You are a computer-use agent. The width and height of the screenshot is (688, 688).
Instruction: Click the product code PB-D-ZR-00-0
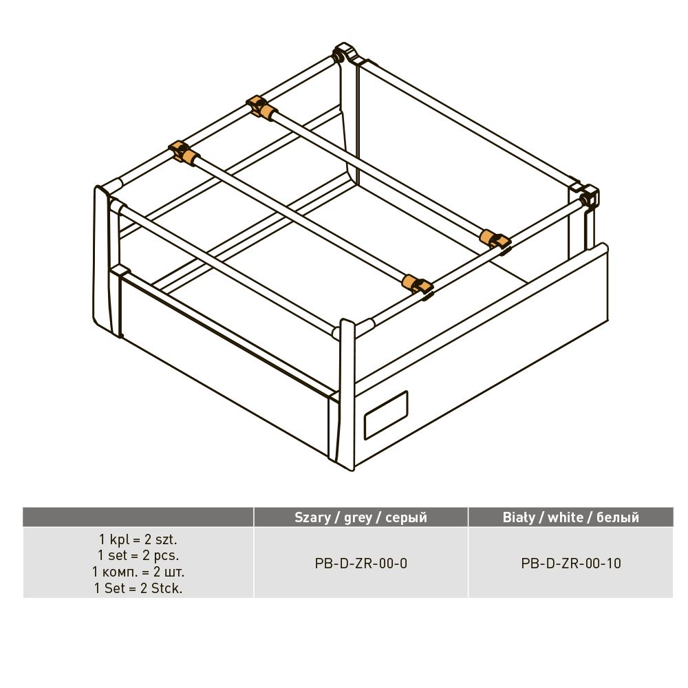click(x=361, y=563)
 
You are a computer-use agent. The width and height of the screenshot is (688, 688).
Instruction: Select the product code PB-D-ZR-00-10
click(x=571, y=563)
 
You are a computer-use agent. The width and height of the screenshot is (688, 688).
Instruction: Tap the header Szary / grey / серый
click(x=361, y=517)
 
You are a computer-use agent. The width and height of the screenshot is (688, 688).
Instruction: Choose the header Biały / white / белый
click(x=571, y=517)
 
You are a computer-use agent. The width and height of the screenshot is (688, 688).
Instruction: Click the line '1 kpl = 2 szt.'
click(x=138, y=539)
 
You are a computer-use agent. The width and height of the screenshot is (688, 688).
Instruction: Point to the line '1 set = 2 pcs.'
click(x=138, y=555)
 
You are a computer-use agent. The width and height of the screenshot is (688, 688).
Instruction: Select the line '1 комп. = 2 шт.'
click(x=138, y=572)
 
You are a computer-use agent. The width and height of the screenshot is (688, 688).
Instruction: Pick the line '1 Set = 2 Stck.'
click(x=138, y=588)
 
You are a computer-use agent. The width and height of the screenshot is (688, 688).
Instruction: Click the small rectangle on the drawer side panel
click(x=386, y=415)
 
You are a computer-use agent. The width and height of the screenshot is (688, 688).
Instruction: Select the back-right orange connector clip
click(x=495, y=239)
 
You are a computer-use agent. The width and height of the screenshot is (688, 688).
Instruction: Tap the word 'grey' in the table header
click(x=358, y=518)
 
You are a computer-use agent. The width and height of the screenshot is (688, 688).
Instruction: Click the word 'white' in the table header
click(x=566, y=517)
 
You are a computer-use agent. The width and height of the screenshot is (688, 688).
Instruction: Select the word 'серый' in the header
click(x=407, y=518)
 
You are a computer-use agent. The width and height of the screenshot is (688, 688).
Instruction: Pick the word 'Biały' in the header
click(x=521, y=518)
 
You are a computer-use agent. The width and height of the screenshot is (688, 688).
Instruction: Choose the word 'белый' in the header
click(x=618, y=517)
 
